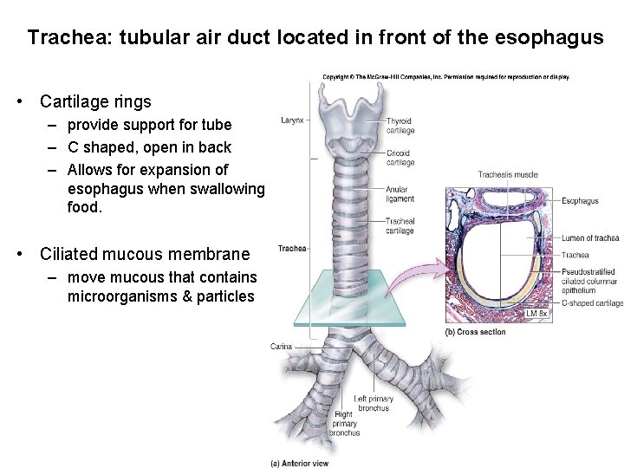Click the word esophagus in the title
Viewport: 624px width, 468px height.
tap(545, 39)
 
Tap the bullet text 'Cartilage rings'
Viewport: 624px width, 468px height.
tap(95, 101)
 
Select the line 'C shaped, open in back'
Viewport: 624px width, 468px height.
tap(149, 147)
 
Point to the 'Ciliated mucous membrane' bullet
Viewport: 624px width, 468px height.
tap(145, 255)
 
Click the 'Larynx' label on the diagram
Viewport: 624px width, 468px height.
tap(292, 120)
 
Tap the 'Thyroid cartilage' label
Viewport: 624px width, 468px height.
tap(400, 126)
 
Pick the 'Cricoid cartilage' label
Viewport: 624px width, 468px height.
tap(400, 157)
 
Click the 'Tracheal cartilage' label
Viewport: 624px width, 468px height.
tap(400, 226)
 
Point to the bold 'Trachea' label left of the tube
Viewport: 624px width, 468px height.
tap(292, 250)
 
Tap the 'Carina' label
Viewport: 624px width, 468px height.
tap(281, 346)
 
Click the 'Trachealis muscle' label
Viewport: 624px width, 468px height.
tap(508, 175)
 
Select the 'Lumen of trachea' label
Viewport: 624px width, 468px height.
tap(589, 237)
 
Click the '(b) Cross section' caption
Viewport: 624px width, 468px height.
tap(475, 331)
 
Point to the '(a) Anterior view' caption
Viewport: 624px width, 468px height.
tap(300, 463)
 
